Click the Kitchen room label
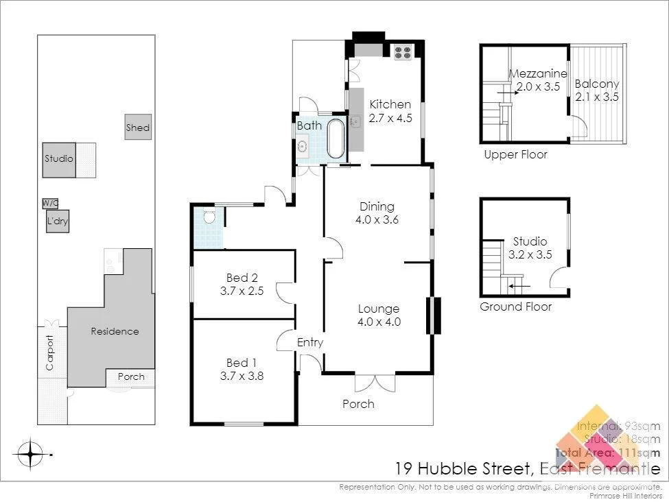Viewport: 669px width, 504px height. pos(390,105)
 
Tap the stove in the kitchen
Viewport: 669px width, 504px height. pos(401,50)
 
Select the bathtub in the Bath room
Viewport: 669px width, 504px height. pos(336,139)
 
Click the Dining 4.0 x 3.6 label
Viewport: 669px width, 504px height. pos(377,213)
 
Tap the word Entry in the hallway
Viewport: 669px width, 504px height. pos(309,342)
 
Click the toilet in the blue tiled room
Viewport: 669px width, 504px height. pos(209,217)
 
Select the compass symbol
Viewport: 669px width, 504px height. pos(31,453)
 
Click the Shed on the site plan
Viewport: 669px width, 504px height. pos(138,128)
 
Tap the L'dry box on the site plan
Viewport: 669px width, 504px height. pos(58,222)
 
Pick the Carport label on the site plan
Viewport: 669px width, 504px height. pos(49,352)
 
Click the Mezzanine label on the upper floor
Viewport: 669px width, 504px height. pos(538,74)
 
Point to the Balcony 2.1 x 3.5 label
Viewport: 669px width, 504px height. pos(597,90)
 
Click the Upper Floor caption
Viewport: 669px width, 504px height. pos(515,154)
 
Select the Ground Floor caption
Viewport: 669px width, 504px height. pos(515,307)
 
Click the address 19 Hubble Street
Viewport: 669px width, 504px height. pos(463,469)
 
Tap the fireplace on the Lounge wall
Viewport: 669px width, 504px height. pos(433,315)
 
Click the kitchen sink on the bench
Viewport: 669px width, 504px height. pos(355,122)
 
